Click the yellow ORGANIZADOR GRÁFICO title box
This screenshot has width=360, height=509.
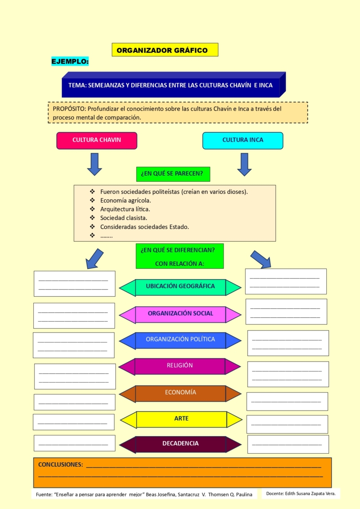tap(165, 50)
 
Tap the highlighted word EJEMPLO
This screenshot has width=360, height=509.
tap(70, 61)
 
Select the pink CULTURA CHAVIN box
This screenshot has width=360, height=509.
tap(97, 140)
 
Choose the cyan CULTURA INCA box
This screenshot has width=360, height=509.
tap(243, 140)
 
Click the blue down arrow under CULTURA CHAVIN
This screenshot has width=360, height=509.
tap(94, 164)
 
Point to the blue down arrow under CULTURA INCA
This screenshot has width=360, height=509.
tap(244, 164)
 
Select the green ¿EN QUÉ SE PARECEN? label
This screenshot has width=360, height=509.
tap(173, 173)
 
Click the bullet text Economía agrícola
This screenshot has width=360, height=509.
tap(126, 200)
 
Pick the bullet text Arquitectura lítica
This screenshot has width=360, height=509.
tap(125, 209)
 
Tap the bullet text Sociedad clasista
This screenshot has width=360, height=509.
tap(124, 218)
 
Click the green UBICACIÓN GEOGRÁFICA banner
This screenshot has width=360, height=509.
tap(180, 287)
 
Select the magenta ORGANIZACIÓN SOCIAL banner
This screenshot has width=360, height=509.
tap(180, 314)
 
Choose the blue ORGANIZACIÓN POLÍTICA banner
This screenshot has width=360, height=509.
tap(180, 340)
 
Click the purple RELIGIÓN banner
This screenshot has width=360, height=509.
tap(180, 366)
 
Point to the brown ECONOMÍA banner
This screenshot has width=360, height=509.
tap(180, 393)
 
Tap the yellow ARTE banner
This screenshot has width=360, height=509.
tap(181, 419)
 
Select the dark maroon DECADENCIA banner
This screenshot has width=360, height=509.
tap(180, 444)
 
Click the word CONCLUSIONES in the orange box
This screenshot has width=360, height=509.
tap(60, 464)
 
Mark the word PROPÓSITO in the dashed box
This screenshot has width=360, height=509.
tap(69, 108)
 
